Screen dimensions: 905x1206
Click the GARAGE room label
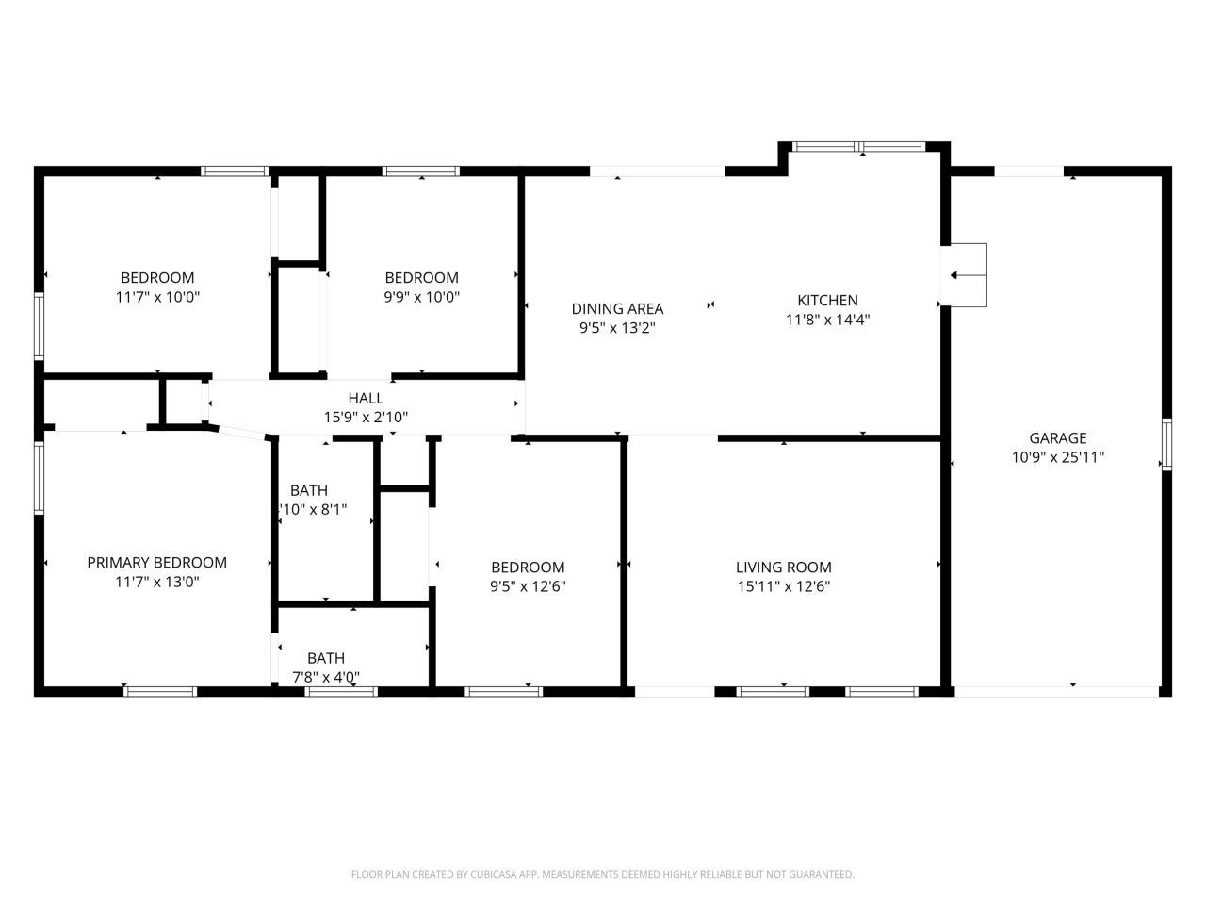point(1057,437)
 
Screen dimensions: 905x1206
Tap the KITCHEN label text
point(827,300)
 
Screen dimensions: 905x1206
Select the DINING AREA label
point(617,308)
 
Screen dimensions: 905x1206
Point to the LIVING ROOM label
point(783,567)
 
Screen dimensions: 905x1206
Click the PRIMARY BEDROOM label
point(156,562)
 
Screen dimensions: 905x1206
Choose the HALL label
point(366,398)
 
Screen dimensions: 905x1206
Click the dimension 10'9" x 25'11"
point(1057,457)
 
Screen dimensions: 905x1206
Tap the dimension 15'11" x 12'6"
point(783,586)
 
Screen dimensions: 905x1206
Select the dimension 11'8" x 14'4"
point(827,320)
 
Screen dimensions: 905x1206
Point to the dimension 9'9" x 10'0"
point(421,297)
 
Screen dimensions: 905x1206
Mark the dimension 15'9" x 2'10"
point(366,417)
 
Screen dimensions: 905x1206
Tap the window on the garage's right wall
point(1165,444)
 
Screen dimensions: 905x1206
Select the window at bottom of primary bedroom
point(160,691)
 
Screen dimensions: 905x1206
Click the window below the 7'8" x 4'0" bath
point(341,691)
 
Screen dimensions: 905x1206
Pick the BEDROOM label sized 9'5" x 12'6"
point(528,567)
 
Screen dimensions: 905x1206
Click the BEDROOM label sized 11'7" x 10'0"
point(157,277)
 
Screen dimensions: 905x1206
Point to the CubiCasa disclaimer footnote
point(602,874)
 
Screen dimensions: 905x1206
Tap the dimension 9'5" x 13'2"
point(617,328)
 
